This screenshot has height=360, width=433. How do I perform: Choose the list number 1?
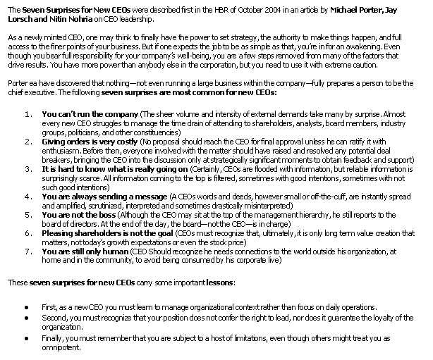point(28,113)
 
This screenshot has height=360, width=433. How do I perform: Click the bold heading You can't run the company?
point(90,113)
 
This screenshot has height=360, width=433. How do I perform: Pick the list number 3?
point(28,169)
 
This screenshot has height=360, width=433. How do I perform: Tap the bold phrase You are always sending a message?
point(106,197)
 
